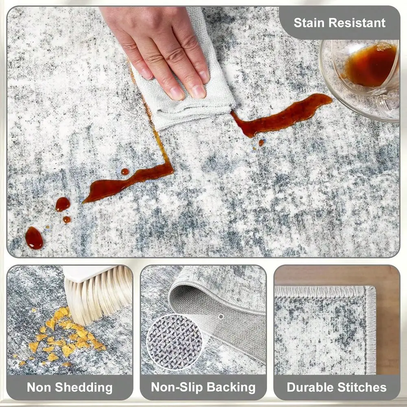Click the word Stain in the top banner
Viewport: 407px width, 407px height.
coord(309,22)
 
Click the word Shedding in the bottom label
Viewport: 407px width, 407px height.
coord(83,387)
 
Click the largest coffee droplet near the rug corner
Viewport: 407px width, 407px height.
coord(34,238)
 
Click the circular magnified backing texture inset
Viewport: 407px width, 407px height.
coord(175,341)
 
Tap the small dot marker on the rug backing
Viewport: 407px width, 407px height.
coord(221,317)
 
